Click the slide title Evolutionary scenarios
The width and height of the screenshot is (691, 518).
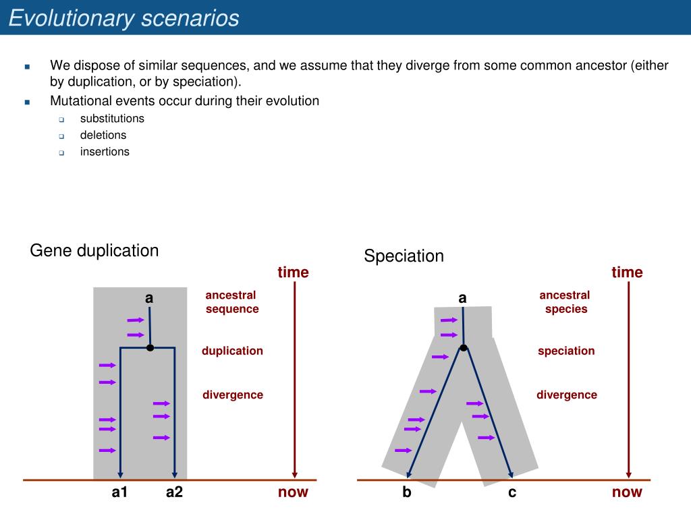coord(124,18)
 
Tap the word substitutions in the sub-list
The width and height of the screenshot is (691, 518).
coord(112,119)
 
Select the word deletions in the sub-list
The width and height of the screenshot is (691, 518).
coord(103,135)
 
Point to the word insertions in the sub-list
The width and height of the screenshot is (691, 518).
coord(105,152)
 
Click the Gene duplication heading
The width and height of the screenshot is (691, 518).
coord(94,251)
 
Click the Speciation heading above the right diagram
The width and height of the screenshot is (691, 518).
coord(404,256)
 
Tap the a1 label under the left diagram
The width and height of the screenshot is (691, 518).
coord(119,492)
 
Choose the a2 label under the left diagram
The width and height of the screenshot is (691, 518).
coord(174,492)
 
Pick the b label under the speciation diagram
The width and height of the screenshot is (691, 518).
coord(407,491)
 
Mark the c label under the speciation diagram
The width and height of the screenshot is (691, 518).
coord(512,492)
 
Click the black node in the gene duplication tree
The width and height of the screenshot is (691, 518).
coord(150,348)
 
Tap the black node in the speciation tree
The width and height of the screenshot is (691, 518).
coord(463,348)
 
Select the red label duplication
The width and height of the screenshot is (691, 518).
coord(232,351)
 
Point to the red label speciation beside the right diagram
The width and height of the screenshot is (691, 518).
coord(566,351)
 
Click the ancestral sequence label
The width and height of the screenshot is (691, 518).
coord(232,301)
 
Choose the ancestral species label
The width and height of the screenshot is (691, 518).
coord(565,301)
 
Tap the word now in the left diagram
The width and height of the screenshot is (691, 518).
coord(293,492)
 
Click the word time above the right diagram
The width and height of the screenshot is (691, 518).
coord(627,272)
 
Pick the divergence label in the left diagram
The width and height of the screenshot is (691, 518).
coord(233,395)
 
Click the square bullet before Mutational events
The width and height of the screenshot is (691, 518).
coord(27,103)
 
